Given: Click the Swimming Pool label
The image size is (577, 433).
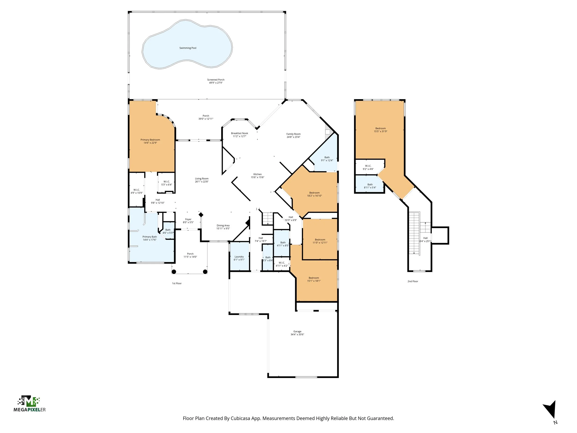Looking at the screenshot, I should click(188, 48).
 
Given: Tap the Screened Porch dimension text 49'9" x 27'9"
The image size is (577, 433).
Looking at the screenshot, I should click(216, 83).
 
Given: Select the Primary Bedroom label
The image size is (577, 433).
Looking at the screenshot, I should click(150, 140).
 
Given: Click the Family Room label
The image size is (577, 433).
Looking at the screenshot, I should click(293, 134).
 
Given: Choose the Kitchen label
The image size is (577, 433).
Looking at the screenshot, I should click(258, 174).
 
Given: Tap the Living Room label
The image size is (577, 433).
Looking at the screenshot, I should click(202, 179).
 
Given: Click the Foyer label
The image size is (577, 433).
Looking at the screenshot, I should click(188, 219).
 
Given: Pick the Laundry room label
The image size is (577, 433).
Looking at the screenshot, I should click(239, 257).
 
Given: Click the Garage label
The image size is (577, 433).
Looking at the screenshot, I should click(297, 331).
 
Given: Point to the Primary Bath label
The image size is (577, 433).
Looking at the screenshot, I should click(150, 237).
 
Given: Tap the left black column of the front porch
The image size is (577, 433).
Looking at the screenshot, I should click(174, 272).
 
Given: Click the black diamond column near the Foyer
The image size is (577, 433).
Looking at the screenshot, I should click(201, 215).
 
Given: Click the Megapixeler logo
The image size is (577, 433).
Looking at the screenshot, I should click(29, 404).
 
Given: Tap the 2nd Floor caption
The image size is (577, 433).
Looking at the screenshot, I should click(413, 281).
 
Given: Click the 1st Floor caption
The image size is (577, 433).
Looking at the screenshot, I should click(177, 283).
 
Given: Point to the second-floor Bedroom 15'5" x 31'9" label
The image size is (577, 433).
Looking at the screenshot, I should click(381, 128).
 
